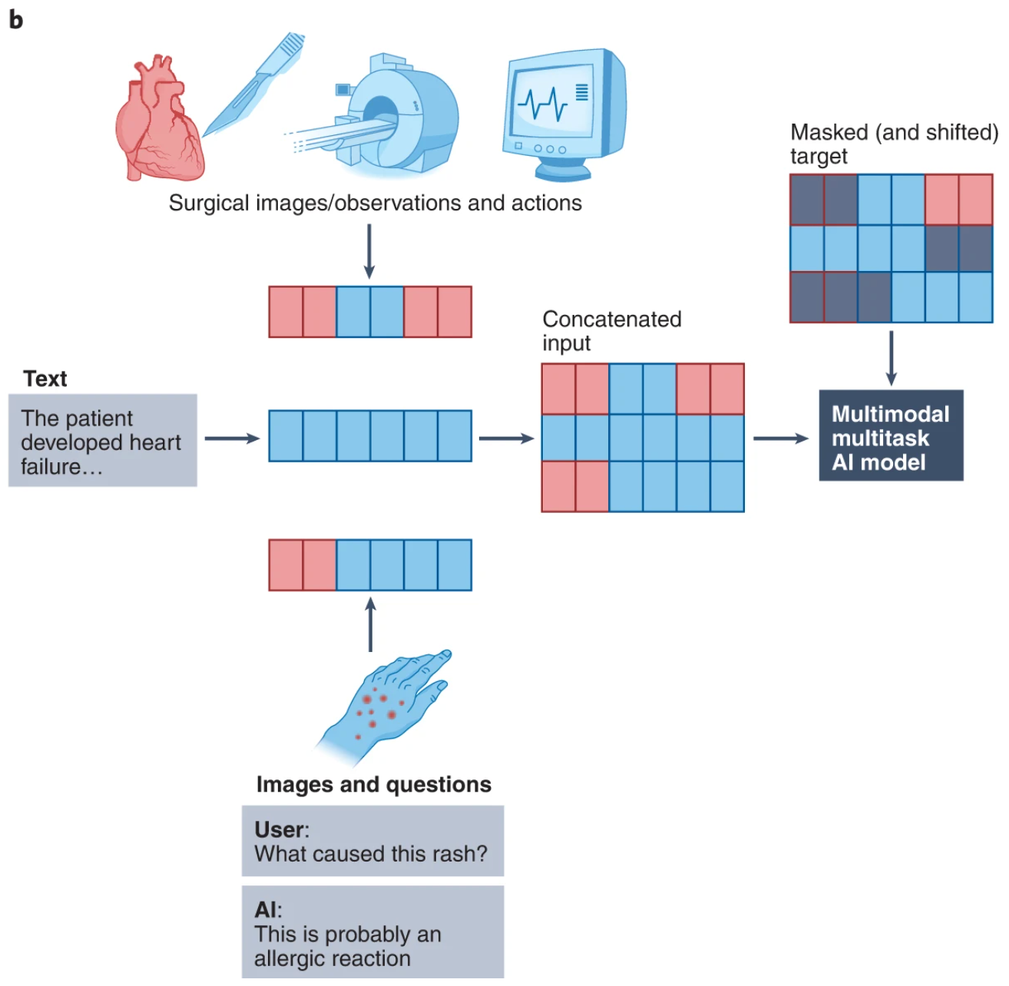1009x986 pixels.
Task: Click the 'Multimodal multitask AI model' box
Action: (x=890, y=437)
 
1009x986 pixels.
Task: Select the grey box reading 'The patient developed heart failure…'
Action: (x=102, y=441)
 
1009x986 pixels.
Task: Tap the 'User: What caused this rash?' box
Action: (x=372, y=842)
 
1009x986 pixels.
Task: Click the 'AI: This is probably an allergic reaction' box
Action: (x=372, y=932)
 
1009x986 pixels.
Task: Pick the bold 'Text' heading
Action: (x=45, y=379)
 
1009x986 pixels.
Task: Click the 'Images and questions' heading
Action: (x=373, y=784)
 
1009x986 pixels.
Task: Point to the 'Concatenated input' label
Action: (x=611, y=331)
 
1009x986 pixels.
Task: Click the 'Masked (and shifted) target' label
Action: (x=893, y=144)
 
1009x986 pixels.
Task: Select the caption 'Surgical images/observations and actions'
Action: (x=375, y=203)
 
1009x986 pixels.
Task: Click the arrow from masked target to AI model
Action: (x=891, y=358)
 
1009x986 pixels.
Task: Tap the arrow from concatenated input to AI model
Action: (x=780, y=438)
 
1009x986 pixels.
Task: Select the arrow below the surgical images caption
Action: (x=369, y=251)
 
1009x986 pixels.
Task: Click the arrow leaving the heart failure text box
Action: (x=232, y=438)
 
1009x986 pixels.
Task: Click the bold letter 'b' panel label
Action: (x=16, y=19)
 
